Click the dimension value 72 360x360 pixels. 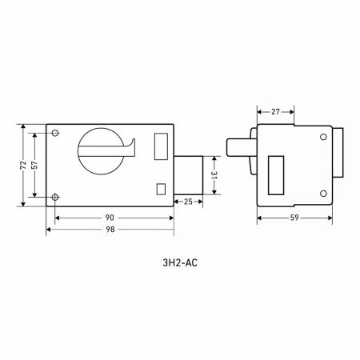tap(23, 165)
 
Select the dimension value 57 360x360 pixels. tap(34, 165)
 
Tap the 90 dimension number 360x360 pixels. tap(110, 218)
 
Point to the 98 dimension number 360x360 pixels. tap(110, 230)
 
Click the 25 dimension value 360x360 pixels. tap(188, 202)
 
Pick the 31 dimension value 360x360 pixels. tap(214, 175)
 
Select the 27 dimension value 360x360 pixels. tap(275, 112)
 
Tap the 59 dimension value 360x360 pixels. tap(294, 218)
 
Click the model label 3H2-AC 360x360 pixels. tap(180, 263)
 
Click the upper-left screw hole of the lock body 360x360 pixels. tap(55, 133)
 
